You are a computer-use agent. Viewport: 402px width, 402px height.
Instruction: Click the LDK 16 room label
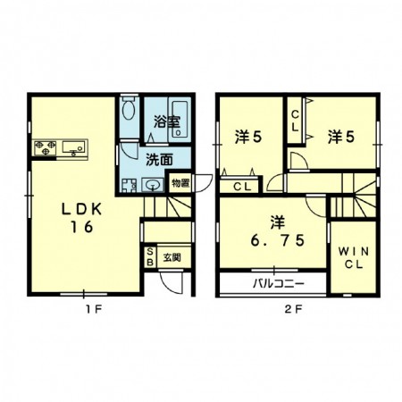81,218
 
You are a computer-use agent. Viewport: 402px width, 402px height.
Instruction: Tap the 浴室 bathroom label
167,121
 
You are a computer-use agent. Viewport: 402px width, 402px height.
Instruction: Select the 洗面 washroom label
159,160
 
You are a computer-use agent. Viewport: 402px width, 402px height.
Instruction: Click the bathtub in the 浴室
180,120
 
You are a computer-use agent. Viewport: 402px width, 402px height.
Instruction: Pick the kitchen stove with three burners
46,147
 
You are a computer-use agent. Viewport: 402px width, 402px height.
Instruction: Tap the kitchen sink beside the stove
73,147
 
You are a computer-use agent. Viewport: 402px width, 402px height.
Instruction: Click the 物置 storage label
180,183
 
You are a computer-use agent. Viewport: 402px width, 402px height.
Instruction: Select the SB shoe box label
150,257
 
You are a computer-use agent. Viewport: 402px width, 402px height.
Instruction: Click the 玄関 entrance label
172,257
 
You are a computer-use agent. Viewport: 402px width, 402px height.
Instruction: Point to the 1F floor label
94,310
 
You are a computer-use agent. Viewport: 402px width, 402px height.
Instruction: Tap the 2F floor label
293,310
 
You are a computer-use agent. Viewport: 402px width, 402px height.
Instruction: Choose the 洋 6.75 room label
278,231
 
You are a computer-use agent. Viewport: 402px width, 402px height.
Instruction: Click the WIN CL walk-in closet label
354,258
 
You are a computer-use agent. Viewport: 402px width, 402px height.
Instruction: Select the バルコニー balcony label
279,283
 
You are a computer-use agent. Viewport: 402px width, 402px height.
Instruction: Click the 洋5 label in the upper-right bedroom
341,138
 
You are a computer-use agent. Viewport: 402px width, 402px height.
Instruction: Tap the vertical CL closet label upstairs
295,121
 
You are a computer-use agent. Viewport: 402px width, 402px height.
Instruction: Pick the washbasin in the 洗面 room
153,185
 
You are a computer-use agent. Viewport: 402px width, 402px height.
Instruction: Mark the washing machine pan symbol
129,185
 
